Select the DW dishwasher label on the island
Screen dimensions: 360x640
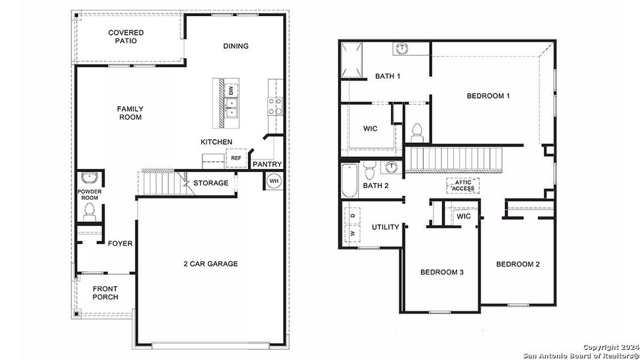[231, 91]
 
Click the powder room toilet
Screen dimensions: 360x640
[90, 210]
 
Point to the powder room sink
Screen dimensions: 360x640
[89, 178]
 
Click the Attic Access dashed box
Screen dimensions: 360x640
[463, 185]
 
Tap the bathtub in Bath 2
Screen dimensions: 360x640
[349, 181]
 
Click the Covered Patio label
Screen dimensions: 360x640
[126, 37]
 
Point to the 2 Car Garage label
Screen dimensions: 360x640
[211, 263]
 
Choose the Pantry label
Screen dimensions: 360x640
[267, 164]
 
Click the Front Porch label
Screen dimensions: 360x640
[105, 293]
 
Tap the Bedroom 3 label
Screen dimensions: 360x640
[442, 272]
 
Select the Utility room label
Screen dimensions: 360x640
[385, 227]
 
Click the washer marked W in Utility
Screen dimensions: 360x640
[352, 232]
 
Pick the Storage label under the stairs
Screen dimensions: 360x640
[211, 183]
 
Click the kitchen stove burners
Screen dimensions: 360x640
[275, 106]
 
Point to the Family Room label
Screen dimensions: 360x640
[130, 113]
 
